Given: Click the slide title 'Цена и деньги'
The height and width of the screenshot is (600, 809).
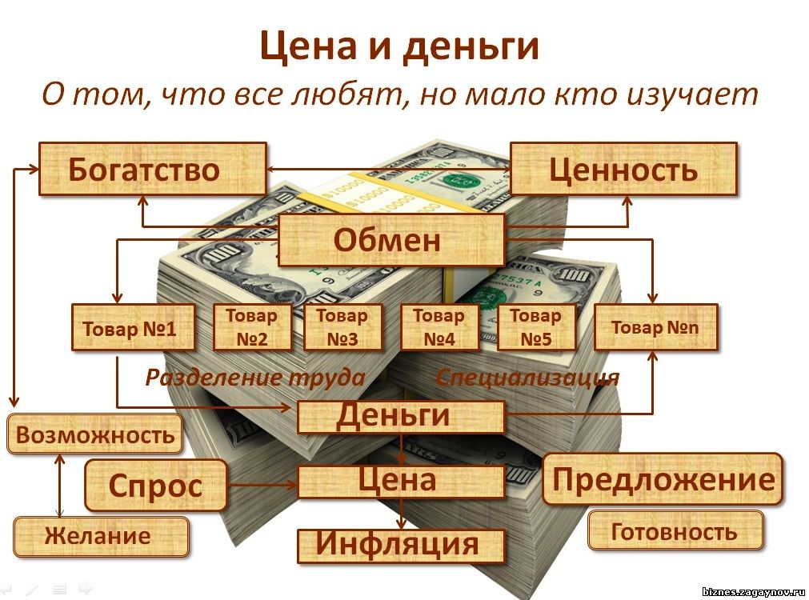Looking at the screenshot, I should point(399,46).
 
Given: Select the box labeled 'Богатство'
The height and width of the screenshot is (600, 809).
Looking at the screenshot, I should point(152,169).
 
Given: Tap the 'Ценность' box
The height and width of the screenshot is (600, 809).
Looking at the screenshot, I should point(623,169).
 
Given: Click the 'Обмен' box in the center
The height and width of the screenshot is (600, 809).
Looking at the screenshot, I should point(390,239).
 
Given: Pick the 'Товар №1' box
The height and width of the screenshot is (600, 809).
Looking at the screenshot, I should point(133,327).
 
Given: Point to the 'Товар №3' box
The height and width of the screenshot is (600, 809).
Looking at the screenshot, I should point(342,327).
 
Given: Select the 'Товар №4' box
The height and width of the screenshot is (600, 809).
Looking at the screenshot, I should point(439,327).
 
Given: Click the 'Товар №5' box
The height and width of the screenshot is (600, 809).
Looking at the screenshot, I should point(536,327).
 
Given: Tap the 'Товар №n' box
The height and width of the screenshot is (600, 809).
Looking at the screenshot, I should point(655,327).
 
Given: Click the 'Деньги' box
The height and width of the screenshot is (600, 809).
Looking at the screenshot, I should point(400,416).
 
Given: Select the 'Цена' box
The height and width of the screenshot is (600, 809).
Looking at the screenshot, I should point(400,481).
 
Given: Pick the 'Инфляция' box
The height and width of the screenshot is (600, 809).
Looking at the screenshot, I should point(400,545).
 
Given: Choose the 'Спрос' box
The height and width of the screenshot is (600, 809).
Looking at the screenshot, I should point(156,485).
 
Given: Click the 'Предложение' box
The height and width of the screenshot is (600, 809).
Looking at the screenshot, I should point(663,479).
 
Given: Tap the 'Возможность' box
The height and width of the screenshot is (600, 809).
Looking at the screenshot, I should point(95,435).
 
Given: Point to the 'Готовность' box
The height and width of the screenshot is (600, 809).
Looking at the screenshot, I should point(675,530).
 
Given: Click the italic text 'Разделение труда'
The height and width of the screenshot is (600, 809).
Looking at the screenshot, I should point(254,378).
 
